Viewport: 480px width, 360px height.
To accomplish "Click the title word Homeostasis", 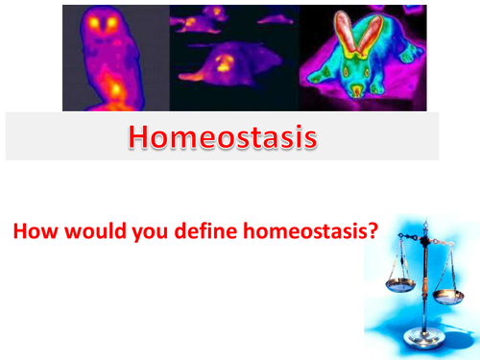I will [x=222, y=138].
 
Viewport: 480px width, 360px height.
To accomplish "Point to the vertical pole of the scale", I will [x=419, y=288].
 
